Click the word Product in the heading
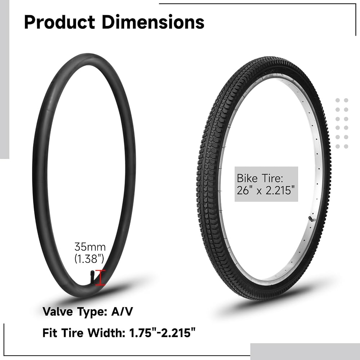[59, 22]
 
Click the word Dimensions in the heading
[153, 22]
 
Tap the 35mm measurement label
[90, 247]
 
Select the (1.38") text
[89, 259]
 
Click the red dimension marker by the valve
[100, 278]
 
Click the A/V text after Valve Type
[122, 311]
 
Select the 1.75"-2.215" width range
[162, 332]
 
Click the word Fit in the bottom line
[50, 332]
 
